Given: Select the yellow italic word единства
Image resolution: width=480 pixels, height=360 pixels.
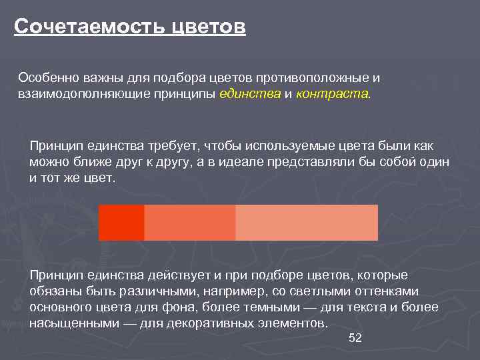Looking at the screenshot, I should (250, 94).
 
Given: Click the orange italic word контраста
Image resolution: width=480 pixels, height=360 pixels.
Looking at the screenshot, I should (331, 94).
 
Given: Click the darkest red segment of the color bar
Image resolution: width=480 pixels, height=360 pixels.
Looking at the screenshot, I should (121, 223).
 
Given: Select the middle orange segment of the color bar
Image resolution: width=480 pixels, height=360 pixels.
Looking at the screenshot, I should (190, 223).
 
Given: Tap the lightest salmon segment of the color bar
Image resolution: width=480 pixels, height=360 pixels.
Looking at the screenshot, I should (307, 223).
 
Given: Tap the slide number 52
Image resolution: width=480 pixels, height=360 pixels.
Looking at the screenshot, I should (355, 339).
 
